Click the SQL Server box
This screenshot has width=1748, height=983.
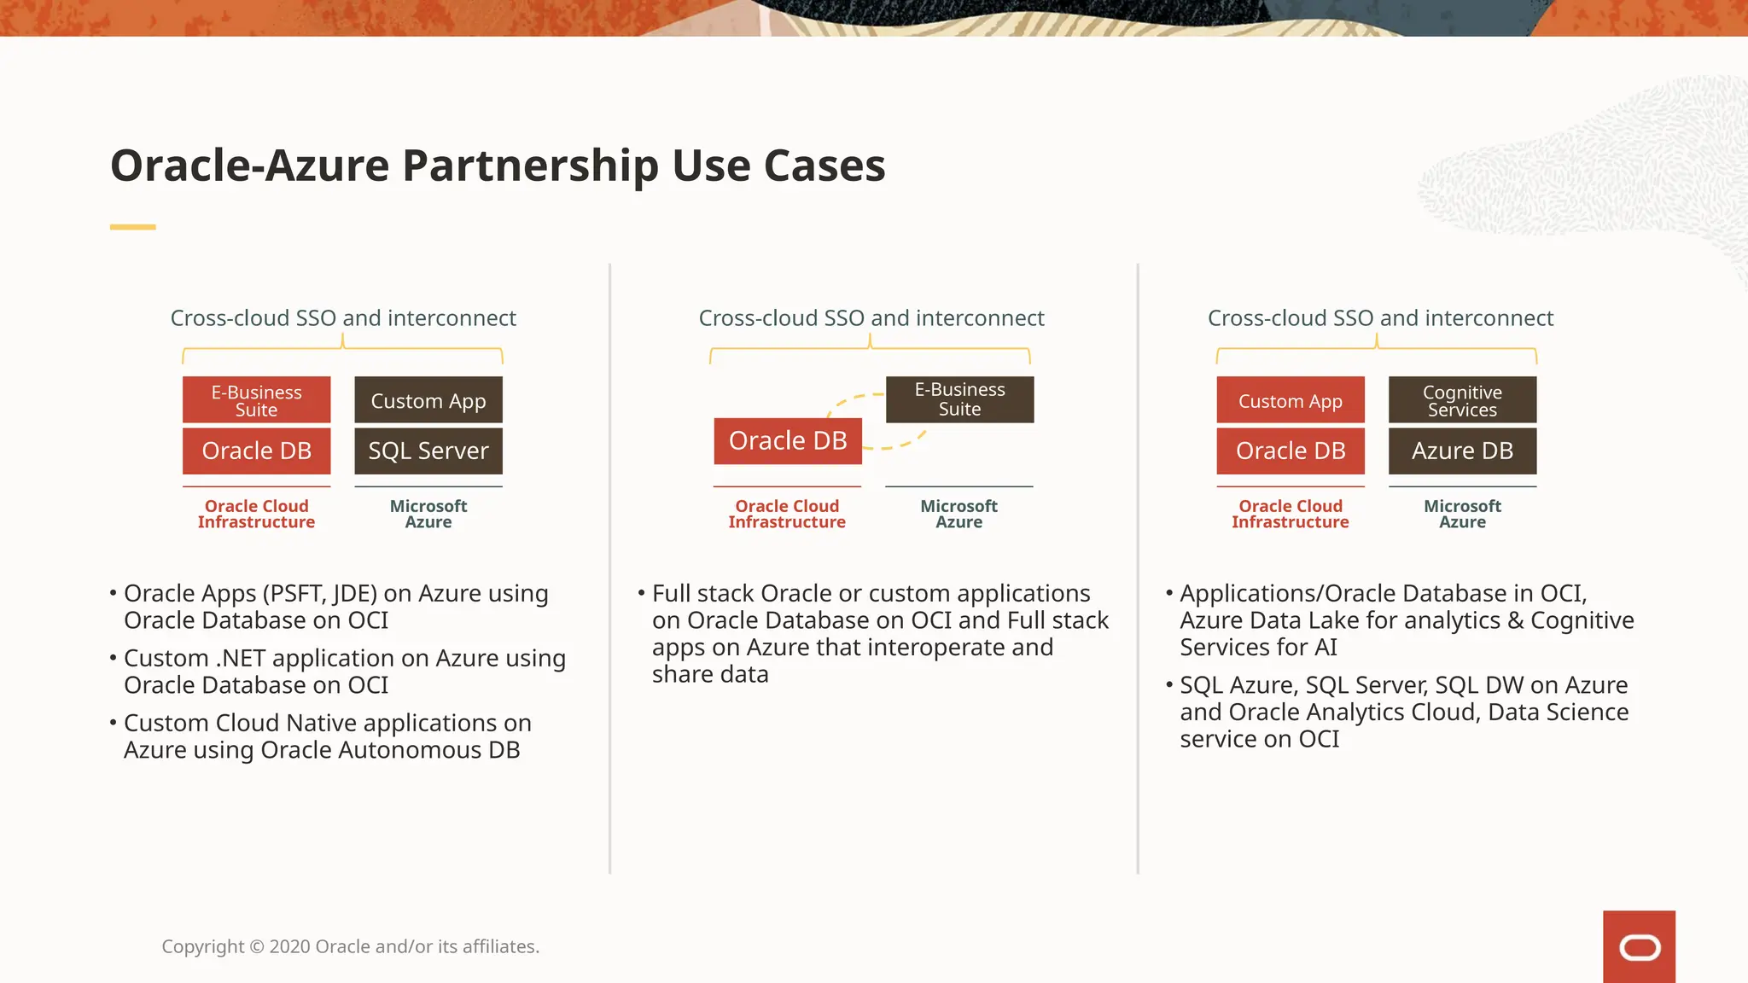click(428, 451)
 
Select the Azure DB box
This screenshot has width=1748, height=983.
click(1462, 451)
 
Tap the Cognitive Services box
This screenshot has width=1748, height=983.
click(1462, 400)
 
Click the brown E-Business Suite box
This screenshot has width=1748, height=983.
click(959, 399)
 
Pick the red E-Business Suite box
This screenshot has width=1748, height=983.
click(256, 400)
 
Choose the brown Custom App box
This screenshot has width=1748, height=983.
click(428, 400)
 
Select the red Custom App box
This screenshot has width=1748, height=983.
click(1290, 400)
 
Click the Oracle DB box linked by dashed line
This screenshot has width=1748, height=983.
click(787, 441)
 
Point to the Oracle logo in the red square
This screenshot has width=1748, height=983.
click(1639, 947)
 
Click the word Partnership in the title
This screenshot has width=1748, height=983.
click(529, 166)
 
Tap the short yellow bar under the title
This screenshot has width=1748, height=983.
click(132, 227)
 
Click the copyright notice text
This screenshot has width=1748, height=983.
click(350, 946)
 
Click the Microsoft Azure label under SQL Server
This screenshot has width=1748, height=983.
click(428, 514)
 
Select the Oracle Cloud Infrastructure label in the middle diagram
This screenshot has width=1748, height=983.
click(787, 514)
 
